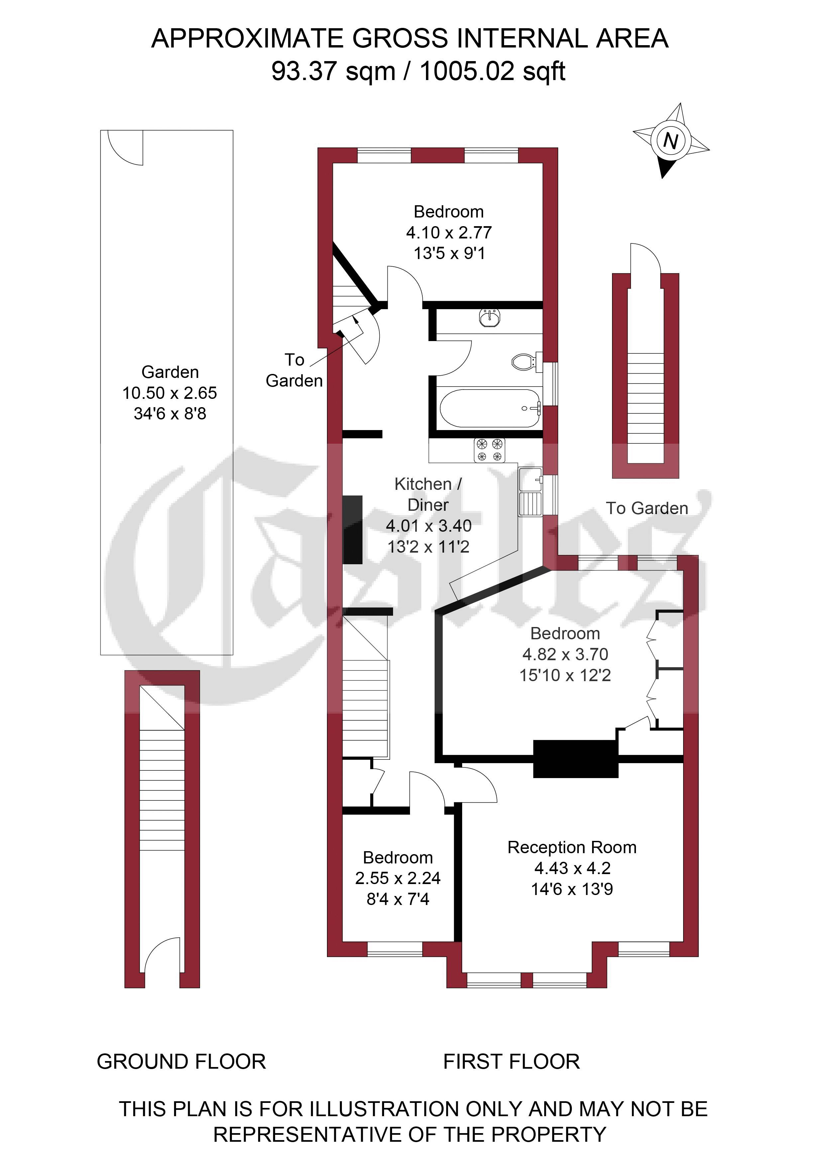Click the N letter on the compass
click(671, 140)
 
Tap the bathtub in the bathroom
click(490, 408)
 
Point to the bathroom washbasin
click(490, 317)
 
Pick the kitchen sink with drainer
click(531, 492)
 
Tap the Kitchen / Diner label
click(429, 494)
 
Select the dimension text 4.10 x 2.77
click(449, 232)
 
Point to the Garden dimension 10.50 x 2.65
click(169, 393)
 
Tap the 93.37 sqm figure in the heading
click(334, 70)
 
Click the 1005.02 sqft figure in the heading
click(492, 70)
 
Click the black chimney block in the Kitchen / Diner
click(353, 530)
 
